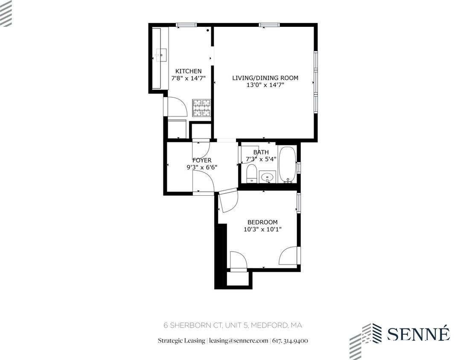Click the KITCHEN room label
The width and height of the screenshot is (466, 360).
pyautogui.click(x=188, y=71)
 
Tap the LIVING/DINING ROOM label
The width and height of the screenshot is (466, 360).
pyautogui.click(x=265, y=78)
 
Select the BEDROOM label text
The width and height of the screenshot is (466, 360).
pyautogui.click(x=262, y=222)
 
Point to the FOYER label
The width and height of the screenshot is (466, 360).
pyautogui.click(x=202, y=160)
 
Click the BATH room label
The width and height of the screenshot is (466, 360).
pyautogui.click(x=261, y=152)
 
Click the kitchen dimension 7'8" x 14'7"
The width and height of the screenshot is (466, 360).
pyautogui.click(x=188, y=78)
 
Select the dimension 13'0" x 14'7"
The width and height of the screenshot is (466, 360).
pyautogui.click(x=265, y=85)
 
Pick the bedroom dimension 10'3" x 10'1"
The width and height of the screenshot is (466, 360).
pyautogui.click(x=262, y=229)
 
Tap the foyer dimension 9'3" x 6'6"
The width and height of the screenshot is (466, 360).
pyautogui.click(x=202, y=167)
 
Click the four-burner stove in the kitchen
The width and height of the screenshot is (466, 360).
pyautogui.click(x=202, y=107)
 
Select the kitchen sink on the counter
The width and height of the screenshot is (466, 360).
pyautogui.click(x=161, y=54)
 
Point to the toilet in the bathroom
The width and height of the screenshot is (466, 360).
pyautogui.click(x=251, y=174)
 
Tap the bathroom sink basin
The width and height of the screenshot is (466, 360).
pyautogui.click(x=268, y=176)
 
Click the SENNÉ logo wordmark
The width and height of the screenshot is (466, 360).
pyautogui.click(x=418, y=334)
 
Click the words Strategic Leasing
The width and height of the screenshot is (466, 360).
pyautogui.click(x=181, y=340)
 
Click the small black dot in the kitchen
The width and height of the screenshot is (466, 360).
pyautogui.click(x=208, y=30)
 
